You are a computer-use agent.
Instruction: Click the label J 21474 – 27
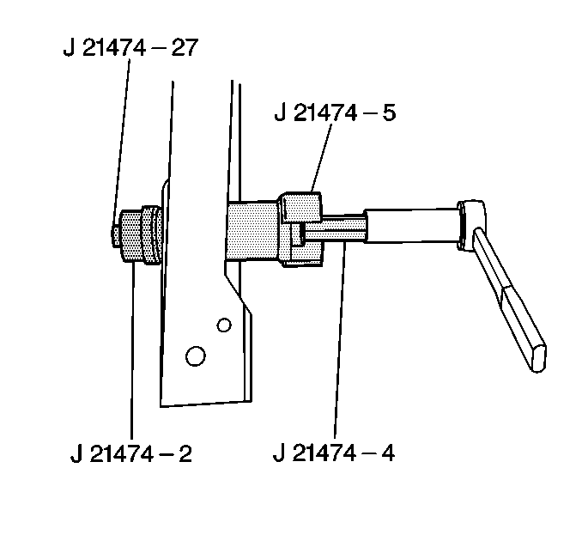tap(130, 47)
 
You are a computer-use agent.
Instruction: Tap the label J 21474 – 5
tap(335, 112)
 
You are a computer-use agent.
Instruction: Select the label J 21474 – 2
tap(131, 453)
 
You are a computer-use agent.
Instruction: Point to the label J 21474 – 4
tap(334, 453)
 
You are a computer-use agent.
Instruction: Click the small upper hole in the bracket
tap(224, 325)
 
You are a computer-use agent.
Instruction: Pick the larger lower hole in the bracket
tap(196, 356)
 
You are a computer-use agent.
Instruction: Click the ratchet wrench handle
tap(509, 300)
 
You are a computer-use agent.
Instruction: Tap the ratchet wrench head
tap(471, 225)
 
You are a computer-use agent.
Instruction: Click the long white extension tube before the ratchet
tap(411, 226)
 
